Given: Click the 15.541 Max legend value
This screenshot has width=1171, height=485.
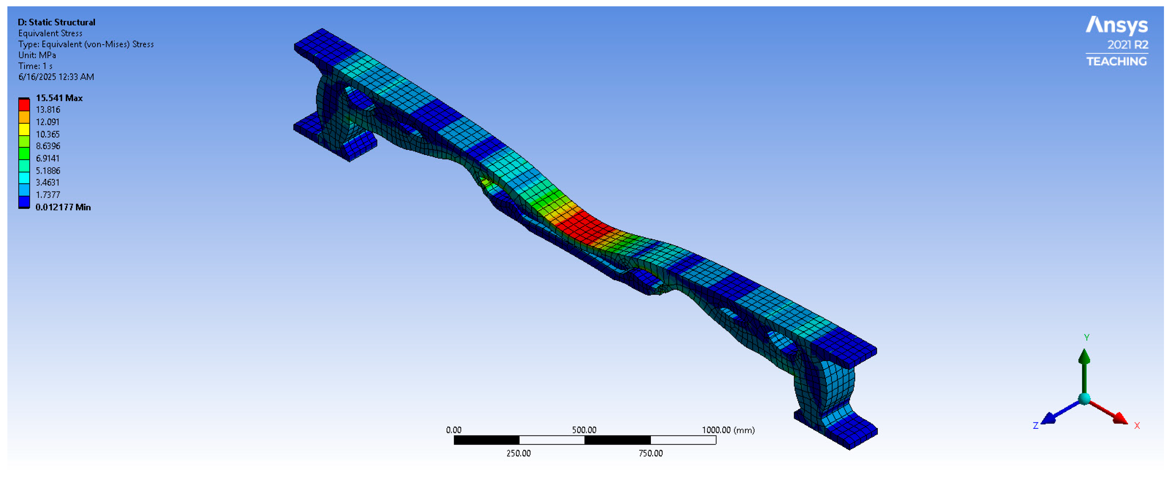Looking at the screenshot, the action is tap(59, 98).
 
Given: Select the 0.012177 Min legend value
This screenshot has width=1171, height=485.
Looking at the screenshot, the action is tap(63, 207).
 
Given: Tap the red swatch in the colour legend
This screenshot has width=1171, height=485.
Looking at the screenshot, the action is tap(24, 105).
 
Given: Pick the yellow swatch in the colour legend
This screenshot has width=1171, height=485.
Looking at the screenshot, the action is tap(24, 129).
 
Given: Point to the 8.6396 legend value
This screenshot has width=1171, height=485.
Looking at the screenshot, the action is tap(48, 146).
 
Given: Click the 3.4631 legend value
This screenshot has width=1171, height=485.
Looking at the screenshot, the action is tap(48, 182).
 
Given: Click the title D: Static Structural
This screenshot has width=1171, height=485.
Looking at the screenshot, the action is tap(56, 22).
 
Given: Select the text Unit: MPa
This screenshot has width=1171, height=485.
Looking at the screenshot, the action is tap(37, 55).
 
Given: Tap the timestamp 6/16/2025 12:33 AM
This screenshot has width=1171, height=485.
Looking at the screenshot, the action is tap(56, 77).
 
